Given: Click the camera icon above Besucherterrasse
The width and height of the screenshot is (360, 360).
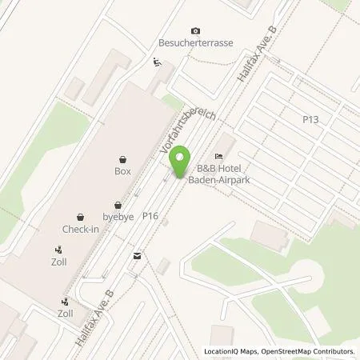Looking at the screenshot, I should click(x=196, y=30).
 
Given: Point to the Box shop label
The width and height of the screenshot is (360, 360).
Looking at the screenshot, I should click(x=122, y=171).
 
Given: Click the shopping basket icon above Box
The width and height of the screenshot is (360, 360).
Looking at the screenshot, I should click(x=122, y=159).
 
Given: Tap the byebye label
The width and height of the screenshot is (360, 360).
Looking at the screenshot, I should click(x=118, y=216).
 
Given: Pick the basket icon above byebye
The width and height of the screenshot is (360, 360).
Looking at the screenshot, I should click(x=118, y=204).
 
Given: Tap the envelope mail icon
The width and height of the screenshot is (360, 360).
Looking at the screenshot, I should click(x=138, y=256).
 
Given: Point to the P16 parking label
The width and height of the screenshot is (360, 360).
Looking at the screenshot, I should click(x=150, y=216).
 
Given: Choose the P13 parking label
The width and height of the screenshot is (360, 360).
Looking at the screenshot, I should click(x=310, y=118).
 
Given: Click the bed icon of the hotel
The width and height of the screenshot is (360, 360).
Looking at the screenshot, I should click(x=218, y=156).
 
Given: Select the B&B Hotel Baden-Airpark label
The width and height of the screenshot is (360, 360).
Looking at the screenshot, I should click(x=219, y=174).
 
